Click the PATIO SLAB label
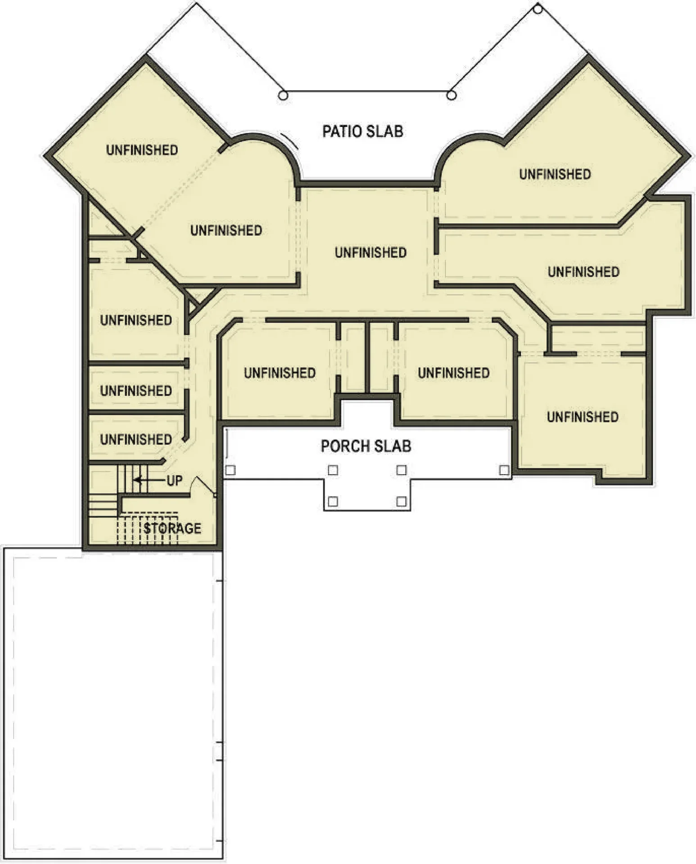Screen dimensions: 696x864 [363, 131]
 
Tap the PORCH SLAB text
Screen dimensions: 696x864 [366, 446]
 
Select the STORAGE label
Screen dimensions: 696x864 [173, 528]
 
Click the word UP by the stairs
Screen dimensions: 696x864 [175, 481]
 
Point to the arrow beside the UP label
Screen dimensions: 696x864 [149, 480]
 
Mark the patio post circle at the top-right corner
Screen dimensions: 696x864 [538, 8]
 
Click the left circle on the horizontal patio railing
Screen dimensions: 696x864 [283, 95]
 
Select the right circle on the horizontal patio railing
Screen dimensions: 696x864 [452, 95]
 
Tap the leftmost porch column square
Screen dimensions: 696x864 [230, 470]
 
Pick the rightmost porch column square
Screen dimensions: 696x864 [504, 470]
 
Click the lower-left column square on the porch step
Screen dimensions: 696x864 [333, 501]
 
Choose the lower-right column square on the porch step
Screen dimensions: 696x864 [402, 501]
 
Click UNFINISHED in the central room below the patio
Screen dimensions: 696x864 [371, 252]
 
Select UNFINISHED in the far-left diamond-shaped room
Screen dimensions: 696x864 [142, 150]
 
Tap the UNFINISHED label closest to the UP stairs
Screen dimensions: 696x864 [136, 439]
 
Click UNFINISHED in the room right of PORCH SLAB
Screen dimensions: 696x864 [583, 417]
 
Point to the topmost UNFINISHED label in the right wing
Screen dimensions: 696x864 [555, 174]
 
